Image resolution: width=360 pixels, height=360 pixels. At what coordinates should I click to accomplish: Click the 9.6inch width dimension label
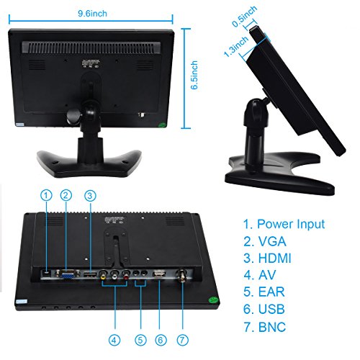[x=92, y=14]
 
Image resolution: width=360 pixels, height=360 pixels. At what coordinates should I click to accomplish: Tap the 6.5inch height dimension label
[x=194, y=75]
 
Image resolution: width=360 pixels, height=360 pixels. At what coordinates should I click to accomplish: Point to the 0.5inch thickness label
[x=244, y=17]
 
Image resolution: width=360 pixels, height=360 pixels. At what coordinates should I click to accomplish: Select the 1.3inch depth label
[x=236, y=47]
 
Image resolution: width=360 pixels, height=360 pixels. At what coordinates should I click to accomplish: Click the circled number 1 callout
[x=46, y=195]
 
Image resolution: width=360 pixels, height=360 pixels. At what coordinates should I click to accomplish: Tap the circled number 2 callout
[x=66, y=195]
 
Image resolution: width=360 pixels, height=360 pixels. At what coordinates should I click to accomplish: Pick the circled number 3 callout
[x=90, y=196]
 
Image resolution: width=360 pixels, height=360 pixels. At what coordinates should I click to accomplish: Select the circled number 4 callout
[x=114, y=340]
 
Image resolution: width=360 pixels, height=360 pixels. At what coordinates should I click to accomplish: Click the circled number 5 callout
[x=140, y=340]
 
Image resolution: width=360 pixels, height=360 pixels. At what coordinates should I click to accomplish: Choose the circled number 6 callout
[x=161, y=340]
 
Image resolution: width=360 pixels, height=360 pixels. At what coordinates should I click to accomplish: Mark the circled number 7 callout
[x=183, y=340]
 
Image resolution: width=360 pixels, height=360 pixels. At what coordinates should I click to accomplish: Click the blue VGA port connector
[x=68, y=274]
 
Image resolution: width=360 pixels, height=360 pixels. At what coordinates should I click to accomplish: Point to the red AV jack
[x=126, y=274]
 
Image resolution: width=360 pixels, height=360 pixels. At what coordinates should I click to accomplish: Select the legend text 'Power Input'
[x=291, y=225]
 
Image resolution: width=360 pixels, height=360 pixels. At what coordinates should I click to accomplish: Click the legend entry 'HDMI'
[x=274, y=258]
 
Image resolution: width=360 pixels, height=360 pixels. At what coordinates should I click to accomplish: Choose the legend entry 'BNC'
[x=272, y=327]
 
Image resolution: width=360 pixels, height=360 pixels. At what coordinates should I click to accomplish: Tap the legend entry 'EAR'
[x=271, y=292]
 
